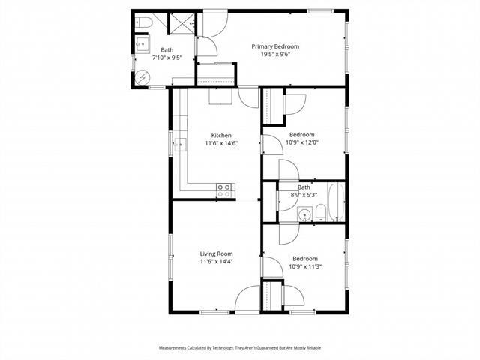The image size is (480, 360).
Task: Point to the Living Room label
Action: click(217, 253)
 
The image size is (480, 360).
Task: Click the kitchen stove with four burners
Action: click(223, 190)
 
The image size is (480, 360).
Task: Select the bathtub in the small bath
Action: click(335, 202)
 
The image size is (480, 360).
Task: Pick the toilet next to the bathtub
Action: click(320, 211)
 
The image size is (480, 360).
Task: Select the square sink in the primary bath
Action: click(141, 46)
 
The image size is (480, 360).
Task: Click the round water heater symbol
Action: click(142, 76)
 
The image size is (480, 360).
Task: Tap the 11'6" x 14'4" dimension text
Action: click(217, 262)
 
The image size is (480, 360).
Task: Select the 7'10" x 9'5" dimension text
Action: click(166, 58)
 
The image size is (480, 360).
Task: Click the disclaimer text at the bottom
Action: click(240, 347)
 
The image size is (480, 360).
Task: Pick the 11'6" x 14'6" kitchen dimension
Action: click(220, 144)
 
